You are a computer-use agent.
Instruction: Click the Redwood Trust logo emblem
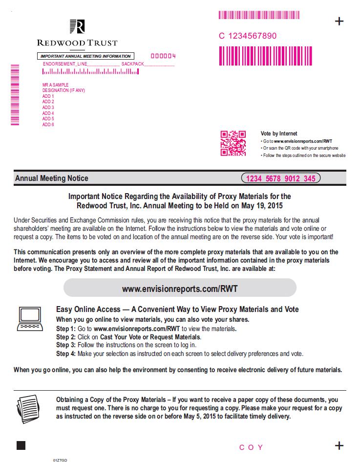point(77,26)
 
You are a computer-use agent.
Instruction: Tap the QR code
point(233,143)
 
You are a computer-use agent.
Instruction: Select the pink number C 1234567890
point(248,36)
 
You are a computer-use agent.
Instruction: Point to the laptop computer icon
point(29,319)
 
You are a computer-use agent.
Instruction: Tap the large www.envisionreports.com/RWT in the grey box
point(180,288)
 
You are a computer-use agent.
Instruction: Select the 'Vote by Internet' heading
point(279,133)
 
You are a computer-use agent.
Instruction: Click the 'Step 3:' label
point(66,345)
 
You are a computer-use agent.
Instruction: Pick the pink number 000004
point(163,56)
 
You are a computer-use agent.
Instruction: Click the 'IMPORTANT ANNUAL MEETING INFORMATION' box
point(85,56)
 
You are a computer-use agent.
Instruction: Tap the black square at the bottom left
point(21,445)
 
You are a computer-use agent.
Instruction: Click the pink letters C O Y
point(251,447)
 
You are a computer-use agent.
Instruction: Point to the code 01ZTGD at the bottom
point(60,461)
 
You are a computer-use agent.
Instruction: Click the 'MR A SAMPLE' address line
point(55,85)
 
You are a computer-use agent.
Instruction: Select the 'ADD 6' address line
point(48,125)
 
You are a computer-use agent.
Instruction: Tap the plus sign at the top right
point(339,21)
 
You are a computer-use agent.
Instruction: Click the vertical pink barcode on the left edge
point(15,94)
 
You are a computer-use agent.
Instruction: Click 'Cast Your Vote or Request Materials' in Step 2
point(150,337)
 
